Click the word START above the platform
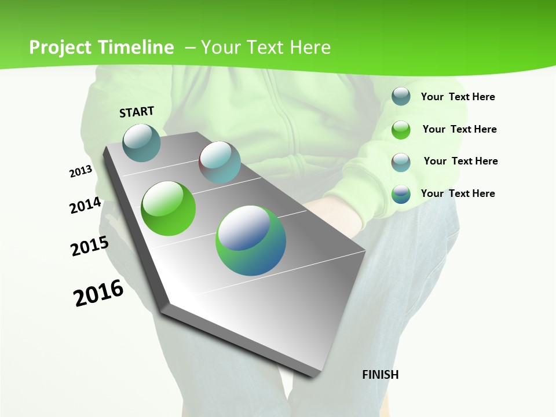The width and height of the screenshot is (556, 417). (x=137, y=112)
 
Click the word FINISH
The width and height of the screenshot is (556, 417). (x=381, y=375)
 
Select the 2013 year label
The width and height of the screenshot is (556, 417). (x=81, y=171)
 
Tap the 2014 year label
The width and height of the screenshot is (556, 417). (x=86, y=205)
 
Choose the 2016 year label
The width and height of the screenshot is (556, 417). (x=98, y=293)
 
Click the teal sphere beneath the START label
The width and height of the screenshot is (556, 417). (x=142, y=142)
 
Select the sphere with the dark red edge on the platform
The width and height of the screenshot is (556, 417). (x=220, y=162)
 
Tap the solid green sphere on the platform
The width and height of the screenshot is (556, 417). (x=169, y=209)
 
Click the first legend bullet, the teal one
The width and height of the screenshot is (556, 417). (x=401, y=97)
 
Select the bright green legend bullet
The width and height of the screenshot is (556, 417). (x=401, y=130)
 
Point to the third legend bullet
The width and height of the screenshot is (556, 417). (x=401, y=162)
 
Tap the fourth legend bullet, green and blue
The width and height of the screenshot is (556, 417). (x=401, y=194)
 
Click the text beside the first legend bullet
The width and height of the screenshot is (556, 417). (x=458, y=97)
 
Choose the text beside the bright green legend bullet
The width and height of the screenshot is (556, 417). (x=459, y=129)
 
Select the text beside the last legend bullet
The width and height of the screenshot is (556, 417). (x=458, y=193)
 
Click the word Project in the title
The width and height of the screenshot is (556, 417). (x=60, y=47)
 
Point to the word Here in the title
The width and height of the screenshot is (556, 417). (x=310, y=47)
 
